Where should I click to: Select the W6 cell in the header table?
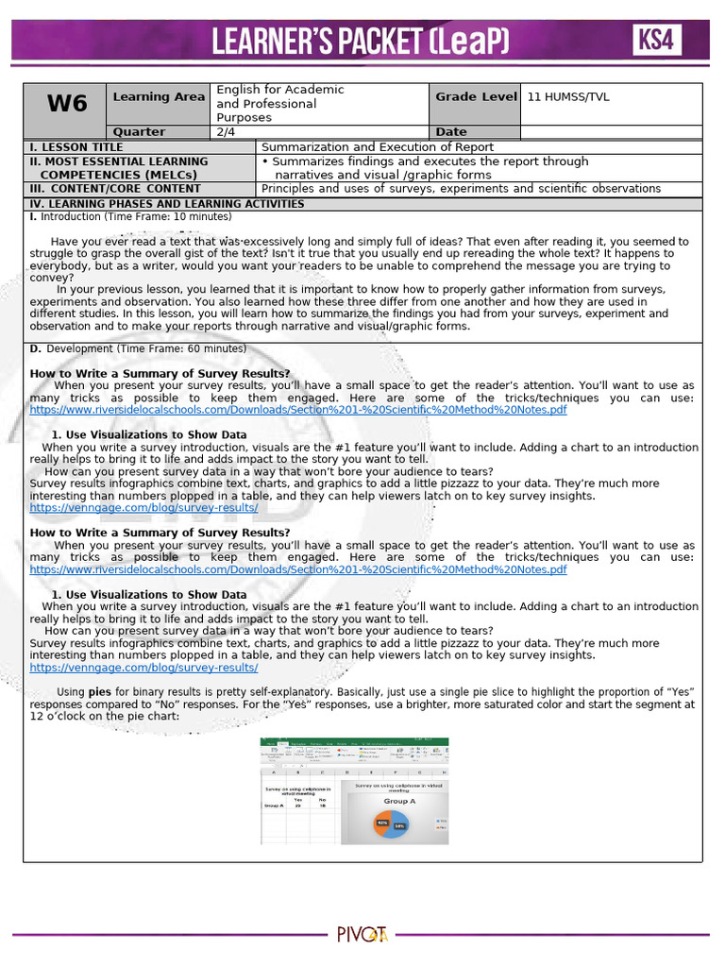66,104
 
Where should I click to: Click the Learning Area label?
159,96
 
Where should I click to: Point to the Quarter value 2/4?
226,132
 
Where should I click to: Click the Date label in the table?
451,132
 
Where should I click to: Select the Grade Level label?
476,96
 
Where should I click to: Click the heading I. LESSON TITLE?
76,147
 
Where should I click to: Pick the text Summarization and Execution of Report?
377,147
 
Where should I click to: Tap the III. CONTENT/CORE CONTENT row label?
115,189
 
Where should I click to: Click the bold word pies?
99,691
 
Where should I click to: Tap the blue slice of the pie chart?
400,825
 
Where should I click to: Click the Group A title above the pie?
399,801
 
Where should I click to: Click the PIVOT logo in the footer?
362,935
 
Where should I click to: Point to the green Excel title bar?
354,741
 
